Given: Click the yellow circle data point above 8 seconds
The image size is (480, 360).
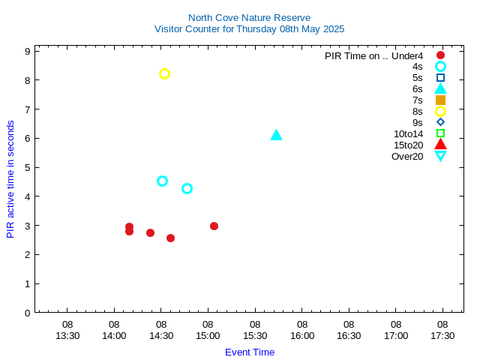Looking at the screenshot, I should pyautogui.click(x=164, y=73).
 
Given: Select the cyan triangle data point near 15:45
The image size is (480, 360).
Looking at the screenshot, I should pyautogui.click(x=276, y=135).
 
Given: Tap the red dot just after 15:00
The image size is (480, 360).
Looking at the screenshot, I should pyautogui.click(x=214, y=226).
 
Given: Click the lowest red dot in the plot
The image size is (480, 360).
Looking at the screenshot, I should pyautogui.click(x=170, y=238).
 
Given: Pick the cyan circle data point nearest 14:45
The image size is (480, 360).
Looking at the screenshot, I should pyautogui.click(x=187, y=188).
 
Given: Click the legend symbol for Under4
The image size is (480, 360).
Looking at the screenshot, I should pyautogui.click(x=440, y=55).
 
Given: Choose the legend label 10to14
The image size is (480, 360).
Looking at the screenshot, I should pyautogui.click(x=409, y=133).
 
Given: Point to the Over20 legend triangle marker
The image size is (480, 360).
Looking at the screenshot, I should pyautogui.click(x=440, y=156).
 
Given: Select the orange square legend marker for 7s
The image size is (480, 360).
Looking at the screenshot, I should pyautogui.click(x=440, y=100).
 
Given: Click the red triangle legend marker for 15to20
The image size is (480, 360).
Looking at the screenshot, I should pyautogui.click(x=440, y=145).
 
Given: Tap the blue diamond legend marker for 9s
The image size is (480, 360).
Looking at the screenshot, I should pyautogui.click(x=440, y=122).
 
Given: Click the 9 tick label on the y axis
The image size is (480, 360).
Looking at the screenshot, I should pyautogui.click(x=27, y=51).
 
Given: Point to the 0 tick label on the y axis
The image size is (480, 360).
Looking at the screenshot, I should pyautogui.click(x=27, y=313).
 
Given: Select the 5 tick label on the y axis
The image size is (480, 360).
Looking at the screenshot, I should pyautogui.click(x=27, y=167).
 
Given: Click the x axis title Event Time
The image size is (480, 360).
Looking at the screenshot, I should pyautogui.click(x=250, y=352).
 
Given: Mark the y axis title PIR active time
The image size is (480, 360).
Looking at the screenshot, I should pyautogui.click(x=10, y=179).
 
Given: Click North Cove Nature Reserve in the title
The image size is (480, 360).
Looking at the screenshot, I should pyautogui.click(x=249, y=17).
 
